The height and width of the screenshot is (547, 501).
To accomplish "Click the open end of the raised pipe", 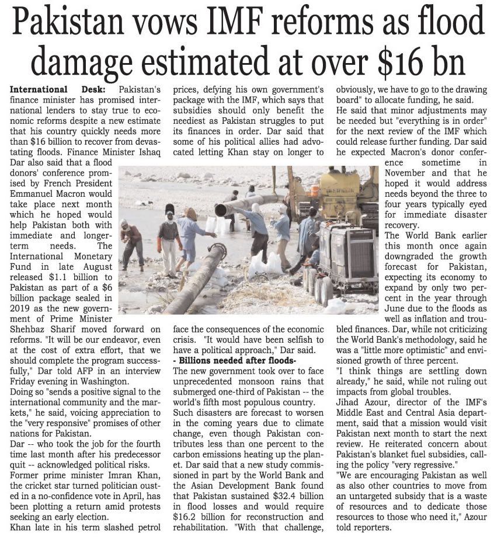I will tap(220, 209).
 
